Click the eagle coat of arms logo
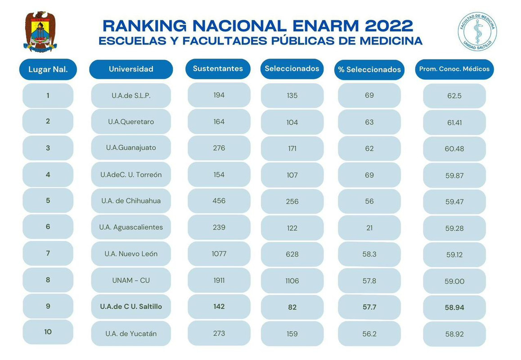point(40,31)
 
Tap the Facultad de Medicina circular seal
point(477,31)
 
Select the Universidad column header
point(131,69)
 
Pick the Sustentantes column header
point(218,69)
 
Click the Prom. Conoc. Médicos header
point(454,69)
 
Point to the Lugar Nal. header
point(48,70)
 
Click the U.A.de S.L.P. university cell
point(131,96)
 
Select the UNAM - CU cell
point(131,280)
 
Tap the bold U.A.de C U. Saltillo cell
point(131,307)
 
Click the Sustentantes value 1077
point(219,254)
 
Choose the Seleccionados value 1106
point(292,281)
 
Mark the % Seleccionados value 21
point(369,228)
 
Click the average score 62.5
point(454,96)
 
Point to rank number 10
point(48,332)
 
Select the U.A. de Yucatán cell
point(131,333)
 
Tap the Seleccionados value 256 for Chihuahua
point(292,201)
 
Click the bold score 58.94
point(454,307)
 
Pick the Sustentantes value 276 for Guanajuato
point(219,148)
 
